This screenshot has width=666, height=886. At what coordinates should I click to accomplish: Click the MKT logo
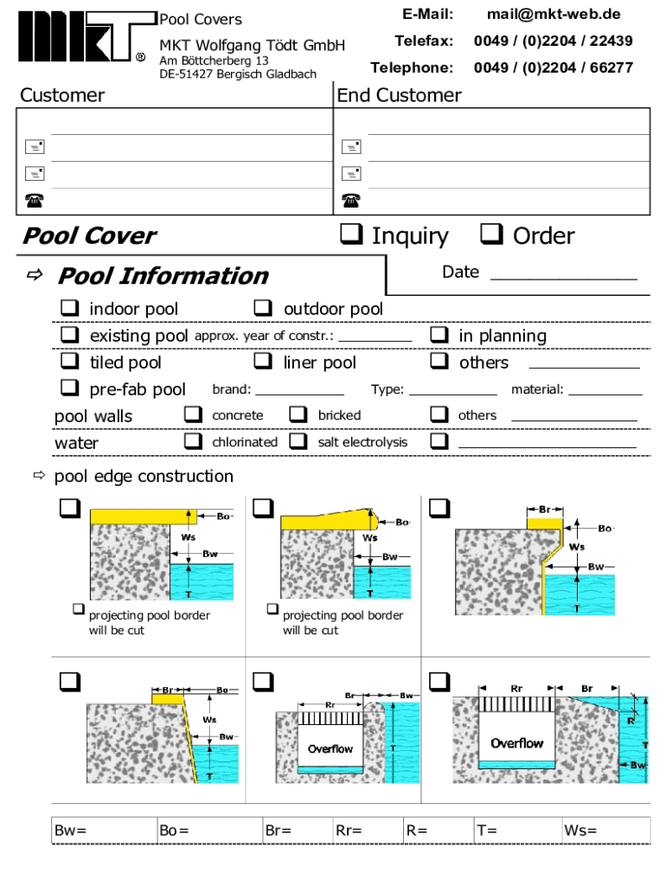click(86, 36)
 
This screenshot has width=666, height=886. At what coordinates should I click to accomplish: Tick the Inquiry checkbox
click(351, 234)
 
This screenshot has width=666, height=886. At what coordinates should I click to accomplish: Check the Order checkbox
click(491, 234)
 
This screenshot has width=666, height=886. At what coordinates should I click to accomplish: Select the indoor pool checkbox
click(69, 308)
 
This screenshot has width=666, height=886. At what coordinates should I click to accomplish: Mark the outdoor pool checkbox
click(263, 308)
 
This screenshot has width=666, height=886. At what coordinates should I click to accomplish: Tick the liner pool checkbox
click(263, 361)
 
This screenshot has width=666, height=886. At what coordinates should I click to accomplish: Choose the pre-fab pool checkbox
click(69, 388)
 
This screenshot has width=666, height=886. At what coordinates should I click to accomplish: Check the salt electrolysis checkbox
click(298, 440)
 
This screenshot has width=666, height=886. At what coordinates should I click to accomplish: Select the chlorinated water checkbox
click(193, 440)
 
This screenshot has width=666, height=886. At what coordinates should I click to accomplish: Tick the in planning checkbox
click(439, 335)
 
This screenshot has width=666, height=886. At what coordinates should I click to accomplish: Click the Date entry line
click(564, 279)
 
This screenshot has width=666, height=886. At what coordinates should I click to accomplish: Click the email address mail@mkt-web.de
click(554, 14)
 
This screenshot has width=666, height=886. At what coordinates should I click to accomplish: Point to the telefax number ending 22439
click(553, 41)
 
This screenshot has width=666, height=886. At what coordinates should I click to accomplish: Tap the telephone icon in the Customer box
click(35, 200)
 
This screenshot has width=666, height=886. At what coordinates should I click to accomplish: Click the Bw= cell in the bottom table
click(104, 830)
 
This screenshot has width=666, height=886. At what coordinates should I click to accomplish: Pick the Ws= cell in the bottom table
click(606, 830)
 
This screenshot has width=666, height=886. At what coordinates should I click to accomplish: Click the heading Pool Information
click(163, 276)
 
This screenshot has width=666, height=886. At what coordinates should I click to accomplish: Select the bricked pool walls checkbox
click(298, 414)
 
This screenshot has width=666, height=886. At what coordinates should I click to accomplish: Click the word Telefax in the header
click(424, 41)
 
